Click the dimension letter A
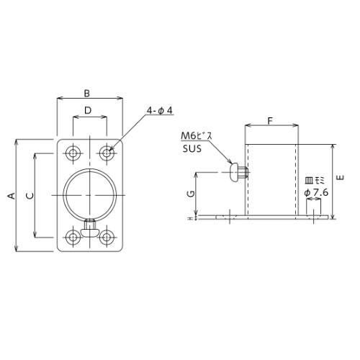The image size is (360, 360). click(x=12, y=196)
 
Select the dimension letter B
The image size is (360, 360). click(x=87, y=93)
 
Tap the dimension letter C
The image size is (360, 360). click(x=30, y=196)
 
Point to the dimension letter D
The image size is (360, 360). click(x=88, y=110)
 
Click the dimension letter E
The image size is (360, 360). click(x=341, y=178)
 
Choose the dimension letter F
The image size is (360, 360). click(x=271, y=121)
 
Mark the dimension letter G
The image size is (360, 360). click(x=191, y=194)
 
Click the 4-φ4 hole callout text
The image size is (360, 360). click(x=160, y=111)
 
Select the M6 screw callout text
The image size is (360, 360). click(x=197, y=136)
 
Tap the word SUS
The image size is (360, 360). click(x=192, y=149)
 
